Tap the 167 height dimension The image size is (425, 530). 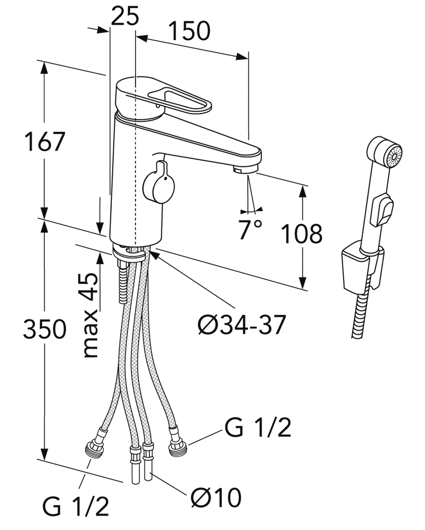(x=45, y=141)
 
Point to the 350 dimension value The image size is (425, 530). (x=44, y=329)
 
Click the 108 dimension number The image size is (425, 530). (x=301, y=233)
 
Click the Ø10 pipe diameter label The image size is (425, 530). (x=216, y=498)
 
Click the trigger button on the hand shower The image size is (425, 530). (x=381, y=210)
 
